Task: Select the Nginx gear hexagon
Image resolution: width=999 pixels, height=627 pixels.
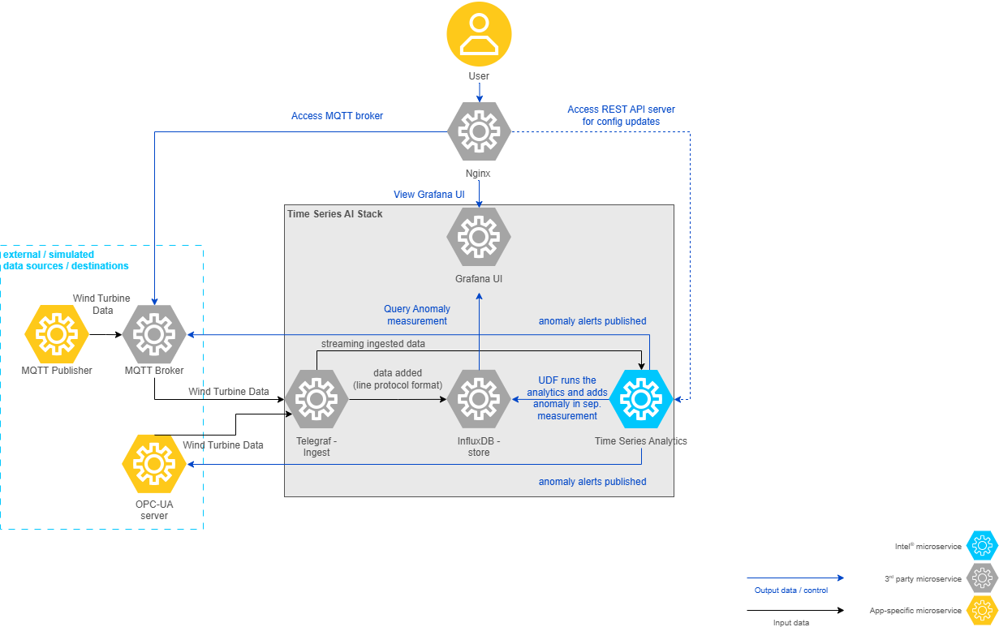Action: click(x=479, y=131)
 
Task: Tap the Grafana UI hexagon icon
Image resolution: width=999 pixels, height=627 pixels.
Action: click(x=479, y=237)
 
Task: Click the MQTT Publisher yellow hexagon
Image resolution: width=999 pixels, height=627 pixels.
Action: click(x=57, y=333)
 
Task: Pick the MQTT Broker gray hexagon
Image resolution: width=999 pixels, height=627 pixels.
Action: click(x=154, y=333)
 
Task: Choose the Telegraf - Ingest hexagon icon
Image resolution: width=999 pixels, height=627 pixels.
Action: click(x=316, y=399)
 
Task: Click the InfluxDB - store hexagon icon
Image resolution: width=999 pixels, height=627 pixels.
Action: click(x=479, y=399)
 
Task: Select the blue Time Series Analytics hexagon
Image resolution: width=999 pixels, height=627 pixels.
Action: click(x=641, y=399)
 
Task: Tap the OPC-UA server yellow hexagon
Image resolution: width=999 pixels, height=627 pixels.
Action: click(x=153, y=464)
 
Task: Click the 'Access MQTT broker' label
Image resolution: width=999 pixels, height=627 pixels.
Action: click(x=337, y=116)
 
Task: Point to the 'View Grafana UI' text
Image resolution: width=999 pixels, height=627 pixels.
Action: click(x=429, y=195)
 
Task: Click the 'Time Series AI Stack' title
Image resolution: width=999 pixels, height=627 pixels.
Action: click(x=334, y=214)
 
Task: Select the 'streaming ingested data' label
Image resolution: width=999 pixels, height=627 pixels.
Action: click(x=372, y=344)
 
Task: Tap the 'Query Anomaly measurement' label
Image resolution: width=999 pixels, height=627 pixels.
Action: click(x=417, y=315)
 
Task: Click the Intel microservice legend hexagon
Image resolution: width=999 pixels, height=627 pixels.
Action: click(x=982, y=547)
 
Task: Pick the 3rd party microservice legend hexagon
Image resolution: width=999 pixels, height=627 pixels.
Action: click(x=982, y=578)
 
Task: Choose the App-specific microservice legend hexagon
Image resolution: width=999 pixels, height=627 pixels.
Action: click(x=982, y=610)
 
